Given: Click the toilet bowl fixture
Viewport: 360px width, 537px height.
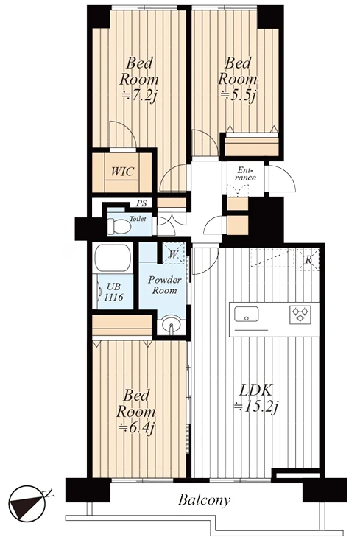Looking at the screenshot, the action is click(x=118, y=225).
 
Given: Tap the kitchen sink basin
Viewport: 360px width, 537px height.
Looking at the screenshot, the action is click(x=247, y=314).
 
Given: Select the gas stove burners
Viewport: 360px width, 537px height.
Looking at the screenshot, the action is click(x=300, y=315).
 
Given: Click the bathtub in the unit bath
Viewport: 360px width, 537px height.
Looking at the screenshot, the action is click(x=113, y=258).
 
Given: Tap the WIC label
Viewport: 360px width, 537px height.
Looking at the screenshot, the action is click(x=122, y=171).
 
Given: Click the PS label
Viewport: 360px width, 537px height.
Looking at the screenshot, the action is click(x=141, y=203).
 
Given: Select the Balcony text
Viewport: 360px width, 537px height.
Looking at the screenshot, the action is click(x=205, y=500).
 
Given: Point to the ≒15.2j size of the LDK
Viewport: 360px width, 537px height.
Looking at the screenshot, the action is click(x=256, y=407).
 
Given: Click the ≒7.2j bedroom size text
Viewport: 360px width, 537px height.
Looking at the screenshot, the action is click(x=139, y=95).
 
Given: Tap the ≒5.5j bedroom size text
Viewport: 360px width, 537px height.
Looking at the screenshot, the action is click(x=238, y=95).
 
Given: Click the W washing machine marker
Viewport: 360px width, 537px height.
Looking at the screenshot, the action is click(x=173, y=254).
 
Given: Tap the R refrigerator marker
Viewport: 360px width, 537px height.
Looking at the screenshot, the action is click(x=308, y=260).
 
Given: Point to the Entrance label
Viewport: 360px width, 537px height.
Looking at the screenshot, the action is click(x=245, y=174).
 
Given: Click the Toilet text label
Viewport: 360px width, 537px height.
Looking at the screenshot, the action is click(x=138, y=219).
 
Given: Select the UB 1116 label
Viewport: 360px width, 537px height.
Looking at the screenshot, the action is click(x=113, y=292).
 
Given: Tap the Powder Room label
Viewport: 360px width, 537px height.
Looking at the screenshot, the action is click(x=165, y=285).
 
